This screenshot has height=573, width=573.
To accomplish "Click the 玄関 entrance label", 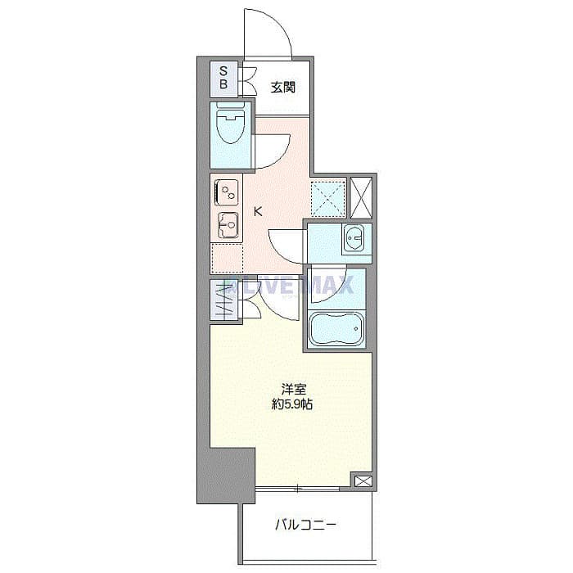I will [x=282, y=88].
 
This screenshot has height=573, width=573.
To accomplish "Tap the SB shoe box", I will [x=223, y=78].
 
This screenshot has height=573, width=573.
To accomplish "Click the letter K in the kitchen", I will [x=258, y=212].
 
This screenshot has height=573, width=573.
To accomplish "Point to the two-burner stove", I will [x=226, y=193].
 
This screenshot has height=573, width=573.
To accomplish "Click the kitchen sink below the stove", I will [x=226, y=223].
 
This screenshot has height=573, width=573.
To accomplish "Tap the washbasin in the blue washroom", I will [x=354, y=238].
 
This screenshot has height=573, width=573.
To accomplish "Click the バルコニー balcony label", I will [x=305, y=525].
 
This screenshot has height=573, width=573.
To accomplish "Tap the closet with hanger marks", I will [x=223, y=300].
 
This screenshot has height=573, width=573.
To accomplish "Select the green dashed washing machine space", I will [x=327, y=196].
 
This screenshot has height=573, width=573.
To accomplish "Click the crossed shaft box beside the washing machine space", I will [x=360, y=196].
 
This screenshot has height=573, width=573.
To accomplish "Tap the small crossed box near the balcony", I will [x=361, y=481].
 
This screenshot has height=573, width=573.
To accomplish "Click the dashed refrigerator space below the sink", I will [x=227, y=258].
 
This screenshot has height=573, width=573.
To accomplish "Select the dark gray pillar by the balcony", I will [x=225, y=475].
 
